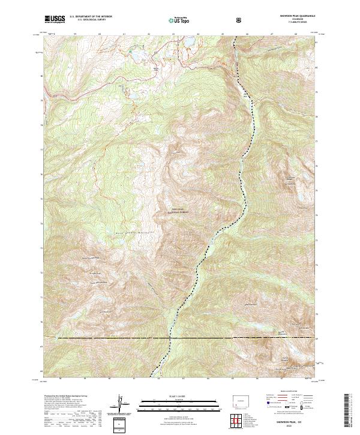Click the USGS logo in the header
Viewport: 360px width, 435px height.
(55, 19)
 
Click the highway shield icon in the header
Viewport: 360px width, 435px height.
(240, 20)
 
